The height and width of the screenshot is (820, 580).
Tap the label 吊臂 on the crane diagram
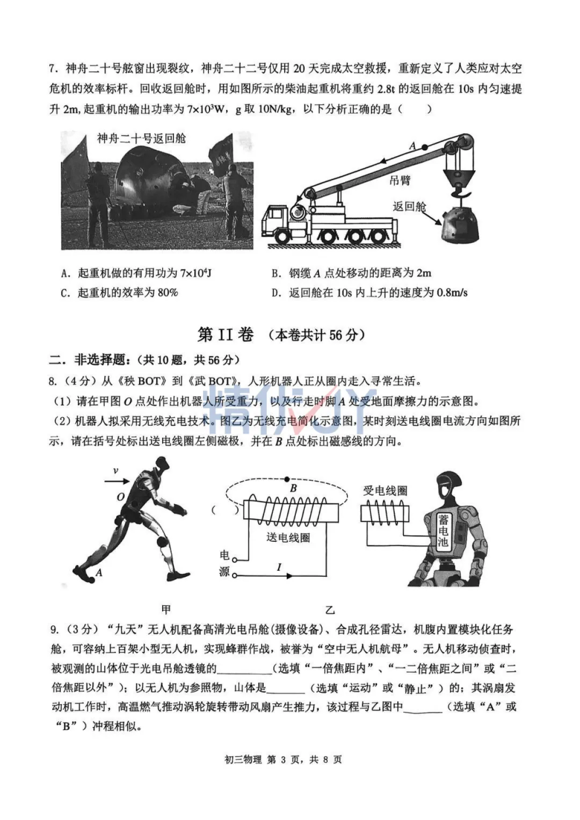pyautogui.click(x=400, y=180)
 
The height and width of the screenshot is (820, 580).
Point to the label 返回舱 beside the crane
pyautogui.click(x=409, y=207)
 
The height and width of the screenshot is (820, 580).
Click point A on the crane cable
pyautogui.click(x=424, y=147)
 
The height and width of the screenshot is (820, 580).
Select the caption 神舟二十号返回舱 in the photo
pyautogui.click(x=141, y=139)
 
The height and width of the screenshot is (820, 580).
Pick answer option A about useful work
pyautogui.click(x=136, y=273)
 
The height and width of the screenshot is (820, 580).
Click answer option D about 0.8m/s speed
pyautogui.click(x=369, y=293)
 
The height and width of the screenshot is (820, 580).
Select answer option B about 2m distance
pyautogui.click(x=351, y=273)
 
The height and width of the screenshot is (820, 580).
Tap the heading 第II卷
pyautogui.click(x=226, y=335)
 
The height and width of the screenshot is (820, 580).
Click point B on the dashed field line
pyautogui.click(x=287, y=478)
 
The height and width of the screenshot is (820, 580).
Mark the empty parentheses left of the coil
pyautogui.click(x=225, y=510)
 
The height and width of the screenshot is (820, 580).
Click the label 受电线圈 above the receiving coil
pyautogui.click(x=385, y=490)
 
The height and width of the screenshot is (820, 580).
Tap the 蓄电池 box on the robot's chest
pyautogui.click(x=443, y=530)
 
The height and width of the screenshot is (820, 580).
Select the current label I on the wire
pyautogui.click(x=279, y=567)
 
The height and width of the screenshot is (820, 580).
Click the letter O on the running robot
pyautogui.click(x=121, y=497)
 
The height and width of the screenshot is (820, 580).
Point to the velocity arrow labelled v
pyautogui.click(x=117, y=481)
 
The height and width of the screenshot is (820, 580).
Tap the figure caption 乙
pyautogui.click(x=330, y=610)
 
